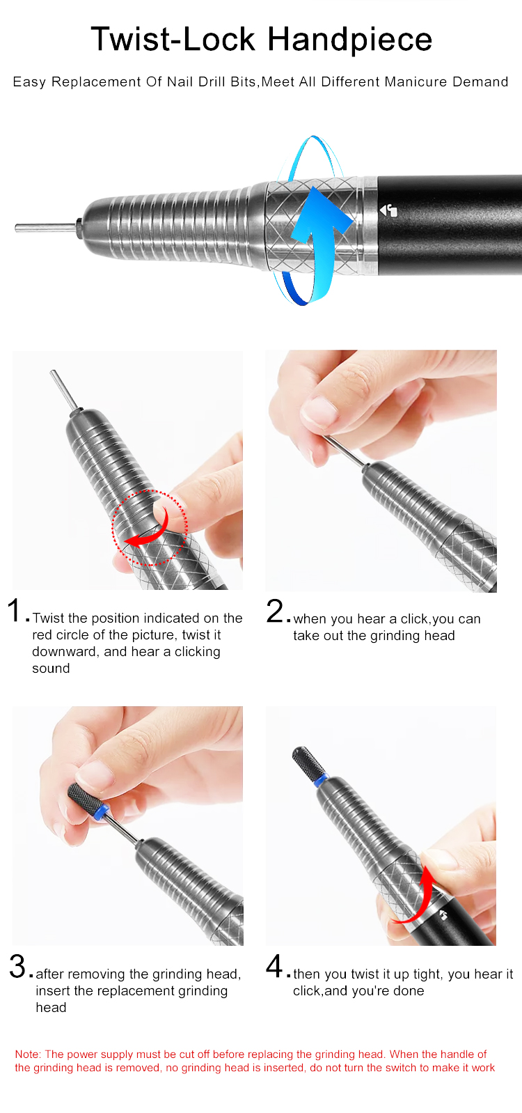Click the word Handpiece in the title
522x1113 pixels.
(x=349, y=40)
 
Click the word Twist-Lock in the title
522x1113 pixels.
(x=173, y=39)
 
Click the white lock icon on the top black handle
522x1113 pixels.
(x=388, y=210)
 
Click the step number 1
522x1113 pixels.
(x=14, y=609)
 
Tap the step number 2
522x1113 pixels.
(x=275, y=610)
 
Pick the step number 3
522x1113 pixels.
(x=17, y=966)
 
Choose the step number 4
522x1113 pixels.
(x=275, y=965)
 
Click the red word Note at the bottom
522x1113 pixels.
(x=28, y=1054)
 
